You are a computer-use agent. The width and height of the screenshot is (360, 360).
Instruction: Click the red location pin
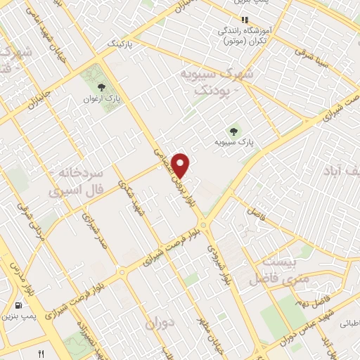[x=181, y=165]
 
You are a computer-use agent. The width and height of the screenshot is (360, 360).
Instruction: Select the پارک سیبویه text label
[x=234, y=142]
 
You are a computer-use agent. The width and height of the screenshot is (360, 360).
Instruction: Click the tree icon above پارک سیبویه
[x=233, y=130]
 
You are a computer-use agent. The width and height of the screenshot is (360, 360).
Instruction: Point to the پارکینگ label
[x=121, y=44]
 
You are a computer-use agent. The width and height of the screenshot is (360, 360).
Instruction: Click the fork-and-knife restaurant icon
[x=41, y=354]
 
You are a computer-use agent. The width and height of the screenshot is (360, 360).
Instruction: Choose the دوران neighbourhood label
[x=160, y=323]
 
